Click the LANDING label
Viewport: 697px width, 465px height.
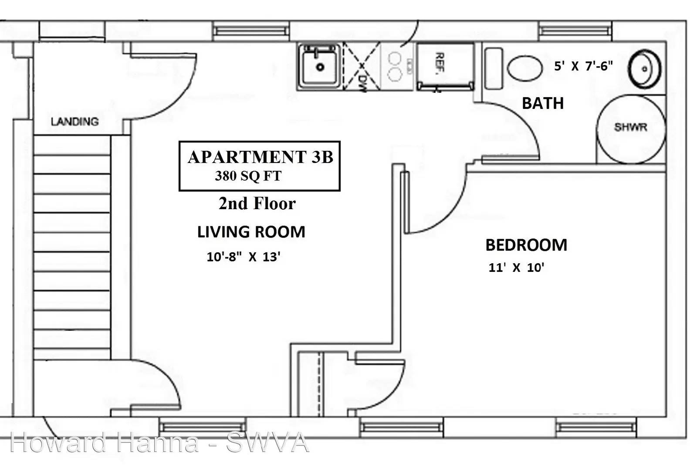pos(74,122)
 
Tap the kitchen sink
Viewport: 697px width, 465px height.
pos(319,66)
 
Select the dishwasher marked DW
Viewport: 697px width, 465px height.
pos(362,66)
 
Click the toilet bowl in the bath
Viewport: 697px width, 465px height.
pos(525,68)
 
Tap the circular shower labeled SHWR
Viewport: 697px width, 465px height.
pos(631,129)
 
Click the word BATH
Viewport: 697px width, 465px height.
pos(543,103)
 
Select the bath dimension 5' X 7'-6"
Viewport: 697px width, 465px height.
pos(583,66)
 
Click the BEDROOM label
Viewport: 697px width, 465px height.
pos(526,245)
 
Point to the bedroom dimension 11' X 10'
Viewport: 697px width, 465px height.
pos(516,268)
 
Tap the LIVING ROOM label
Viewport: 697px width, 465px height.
pos(251,232)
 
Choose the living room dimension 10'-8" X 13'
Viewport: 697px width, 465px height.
pos(244,257)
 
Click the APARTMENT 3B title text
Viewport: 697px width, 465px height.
pos(261,156)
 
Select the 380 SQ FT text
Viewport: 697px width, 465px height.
pos(248,176)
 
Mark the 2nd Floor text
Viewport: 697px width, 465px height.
pos(257,204)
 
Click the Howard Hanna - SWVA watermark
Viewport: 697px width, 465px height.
pos(159,443)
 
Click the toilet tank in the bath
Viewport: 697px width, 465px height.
pos(494,68)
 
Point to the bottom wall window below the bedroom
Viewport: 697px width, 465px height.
pos(596,427)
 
